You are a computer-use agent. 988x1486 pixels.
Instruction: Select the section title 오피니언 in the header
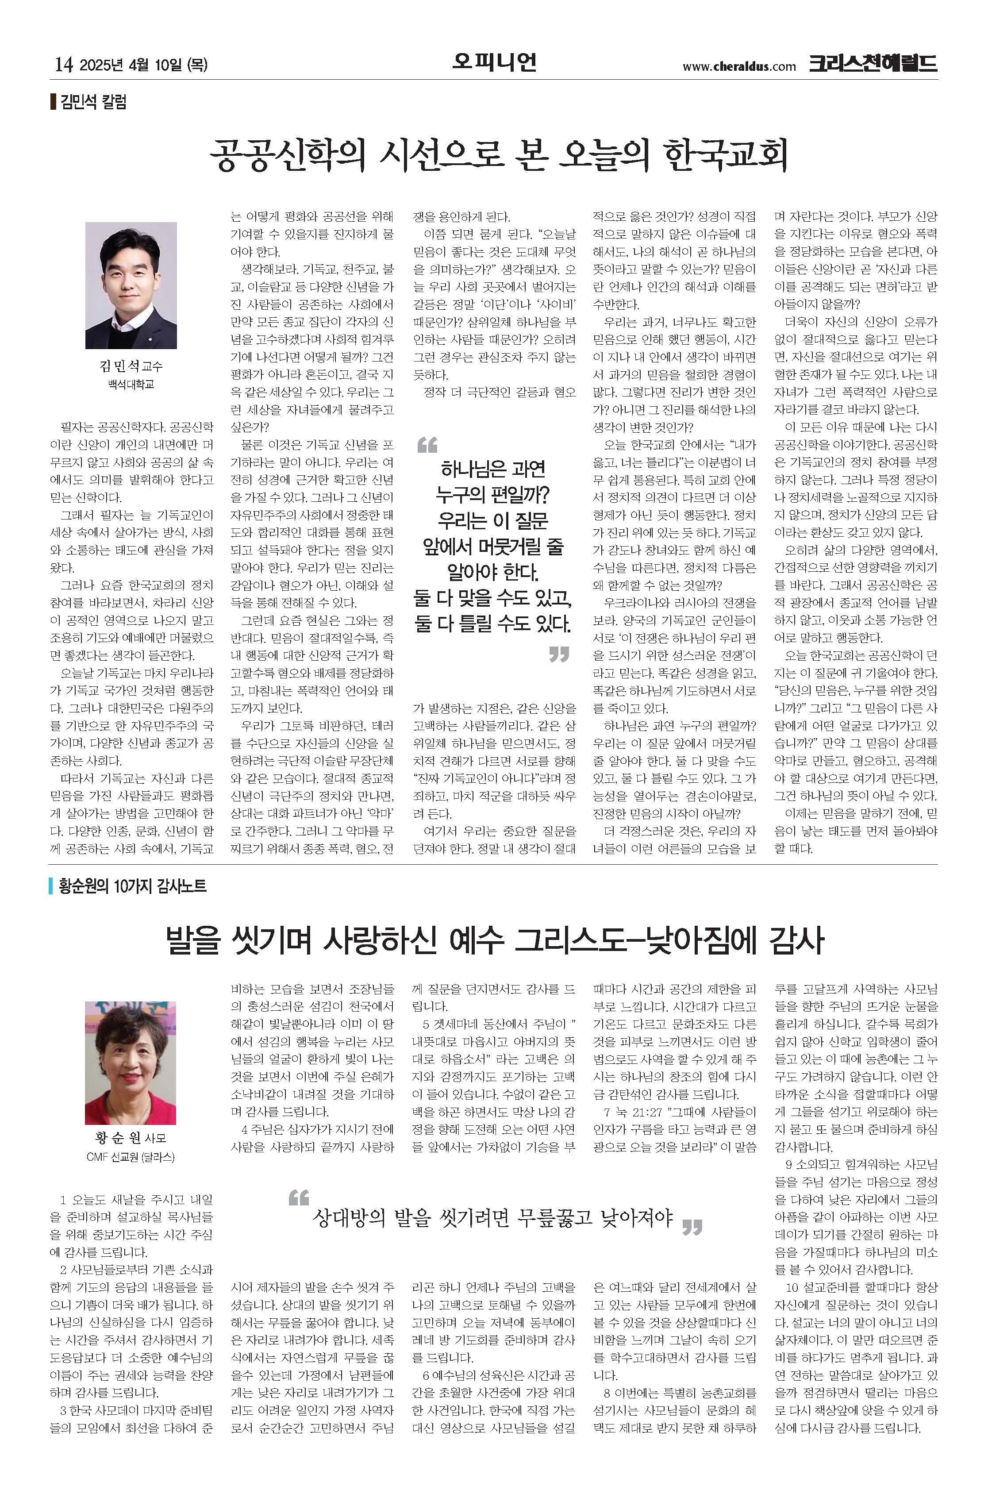click(494, 62)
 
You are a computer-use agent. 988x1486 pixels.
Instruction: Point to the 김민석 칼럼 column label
click(93, 102)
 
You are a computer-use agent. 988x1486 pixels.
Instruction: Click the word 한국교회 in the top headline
click(725, 154)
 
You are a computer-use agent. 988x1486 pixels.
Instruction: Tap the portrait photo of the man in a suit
click(131, 285)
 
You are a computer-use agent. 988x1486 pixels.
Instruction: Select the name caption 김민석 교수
click(131, 366)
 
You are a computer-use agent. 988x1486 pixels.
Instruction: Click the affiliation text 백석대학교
click(131, 384)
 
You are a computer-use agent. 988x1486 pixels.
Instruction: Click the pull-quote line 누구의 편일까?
click(493, 495)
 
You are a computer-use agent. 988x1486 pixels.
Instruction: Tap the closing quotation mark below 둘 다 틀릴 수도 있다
click(559, 654)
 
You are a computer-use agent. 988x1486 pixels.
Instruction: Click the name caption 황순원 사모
click(131, 1138)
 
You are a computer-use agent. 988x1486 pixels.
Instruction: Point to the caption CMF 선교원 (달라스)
click(131, 1157)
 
